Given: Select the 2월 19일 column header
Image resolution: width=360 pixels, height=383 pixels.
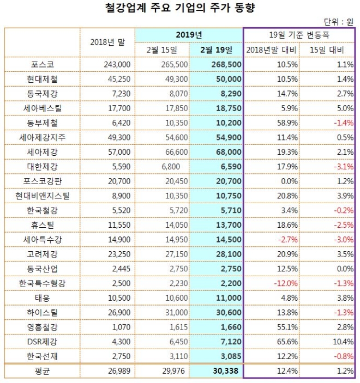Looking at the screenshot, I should pos(216,50).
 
